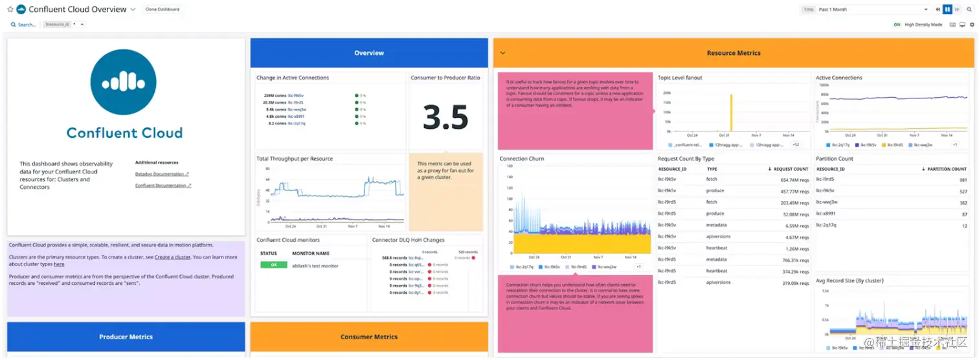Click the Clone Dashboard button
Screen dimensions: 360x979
coord(163,10)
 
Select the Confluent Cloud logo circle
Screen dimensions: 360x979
coord(123,82)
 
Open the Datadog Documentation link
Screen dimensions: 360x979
coord(162,174)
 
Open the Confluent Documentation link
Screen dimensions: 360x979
coord(163,186)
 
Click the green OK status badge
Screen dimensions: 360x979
coord(273,265)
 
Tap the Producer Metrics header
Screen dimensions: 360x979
coord(126,337)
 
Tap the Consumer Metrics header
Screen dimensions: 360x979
coord(368,337)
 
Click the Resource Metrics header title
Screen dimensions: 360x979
coord(733,53)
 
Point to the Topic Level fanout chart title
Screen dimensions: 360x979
coord(680,78)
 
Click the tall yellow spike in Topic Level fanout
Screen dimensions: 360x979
coord(731,117)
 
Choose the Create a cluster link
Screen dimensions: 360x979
coord(172,257)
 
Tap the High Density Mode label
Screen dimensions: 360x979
coord(923,25)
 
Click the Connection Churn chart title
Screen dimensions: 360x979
coord(521,159)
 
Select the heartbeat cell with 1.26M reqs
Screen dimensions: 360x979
coord(717,248)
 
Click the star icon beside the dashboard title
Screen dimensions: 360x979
coord(10,10)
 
